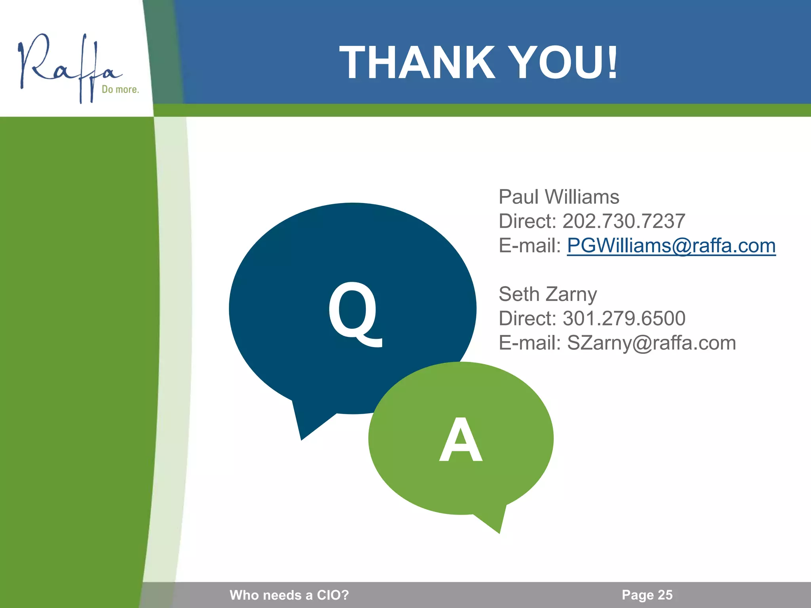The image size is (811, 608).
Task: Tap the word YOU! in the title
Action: [562, 63]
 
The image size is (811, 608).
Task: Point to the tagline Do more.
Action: [120, 89]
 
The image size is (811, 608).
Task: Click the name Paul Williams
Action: [559, 197]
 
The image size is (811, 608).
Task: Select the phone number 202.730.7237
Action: [624, 221]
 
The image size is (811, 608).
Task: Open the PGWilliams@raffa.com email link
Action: [671, 245]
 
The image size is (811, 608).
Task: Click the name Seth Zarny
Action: [548, 294]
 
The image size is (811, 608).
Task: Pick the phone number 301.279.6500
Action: [624, 318]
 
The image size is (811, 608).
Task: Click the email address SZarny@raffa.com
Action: [651, 343]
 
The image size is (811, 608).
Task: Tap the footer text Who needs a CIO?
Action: [289, 595]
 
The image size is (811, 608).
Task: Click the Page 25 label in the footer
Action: [647, 595]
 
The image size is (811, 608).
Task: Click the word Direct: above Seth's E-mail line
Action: [527, 318]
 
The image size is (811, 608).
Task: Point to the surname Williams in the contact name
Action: [582, 197]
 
